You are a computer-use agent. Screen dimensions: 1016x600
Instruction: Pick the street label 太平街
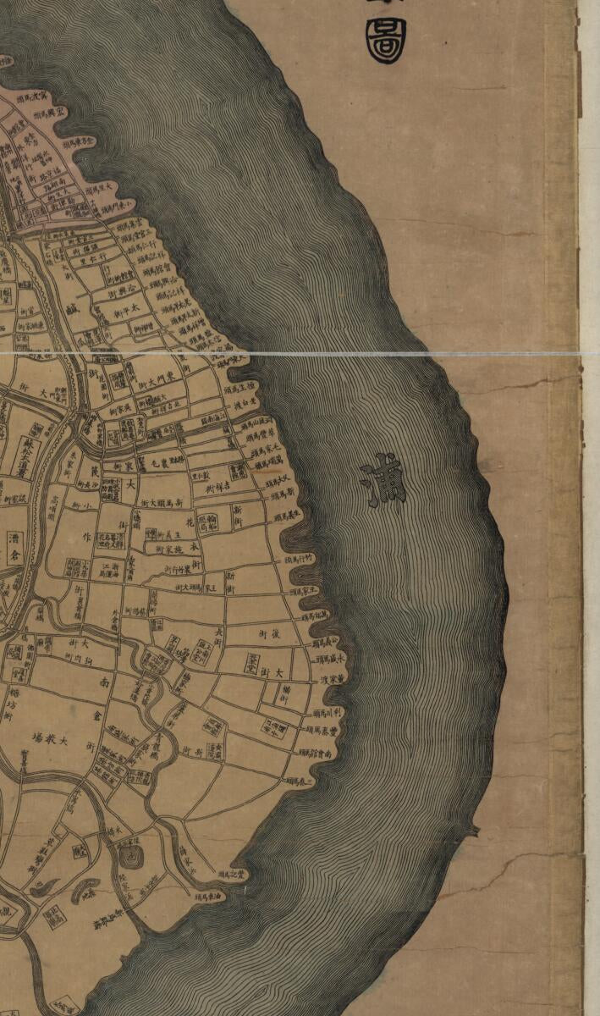tap(124, 317)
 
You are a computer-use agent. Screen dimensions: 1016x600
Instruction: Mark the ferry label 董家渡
tap(330, 679)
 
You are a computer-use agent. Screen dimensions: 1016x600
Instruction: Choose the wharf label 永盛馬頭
tap(331, 658)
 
